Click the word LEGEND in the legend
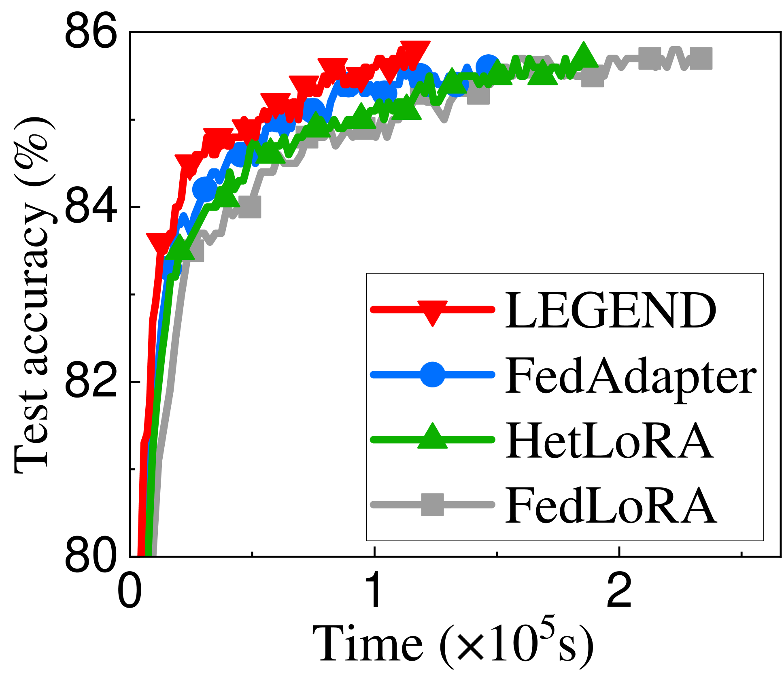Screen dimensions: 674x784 610,310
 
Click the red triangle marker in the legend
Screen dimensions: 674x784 432,311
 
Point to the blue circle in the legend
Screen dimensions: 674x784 432,374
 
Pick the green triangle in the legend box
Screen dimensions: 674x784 432,437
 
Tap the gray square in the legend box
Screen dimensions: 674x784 432,504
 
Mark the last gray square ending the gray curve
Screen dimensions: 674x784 701,58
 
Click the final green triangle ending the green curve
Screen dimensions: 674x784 583,56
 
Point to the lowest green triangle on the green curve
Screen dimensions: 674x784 180,248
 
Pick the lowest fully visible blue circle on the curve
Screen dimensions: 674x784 205,189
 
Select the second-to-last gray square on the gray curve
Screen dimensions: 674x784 650,58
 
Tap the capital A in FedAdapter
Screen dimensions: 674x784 601,375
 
